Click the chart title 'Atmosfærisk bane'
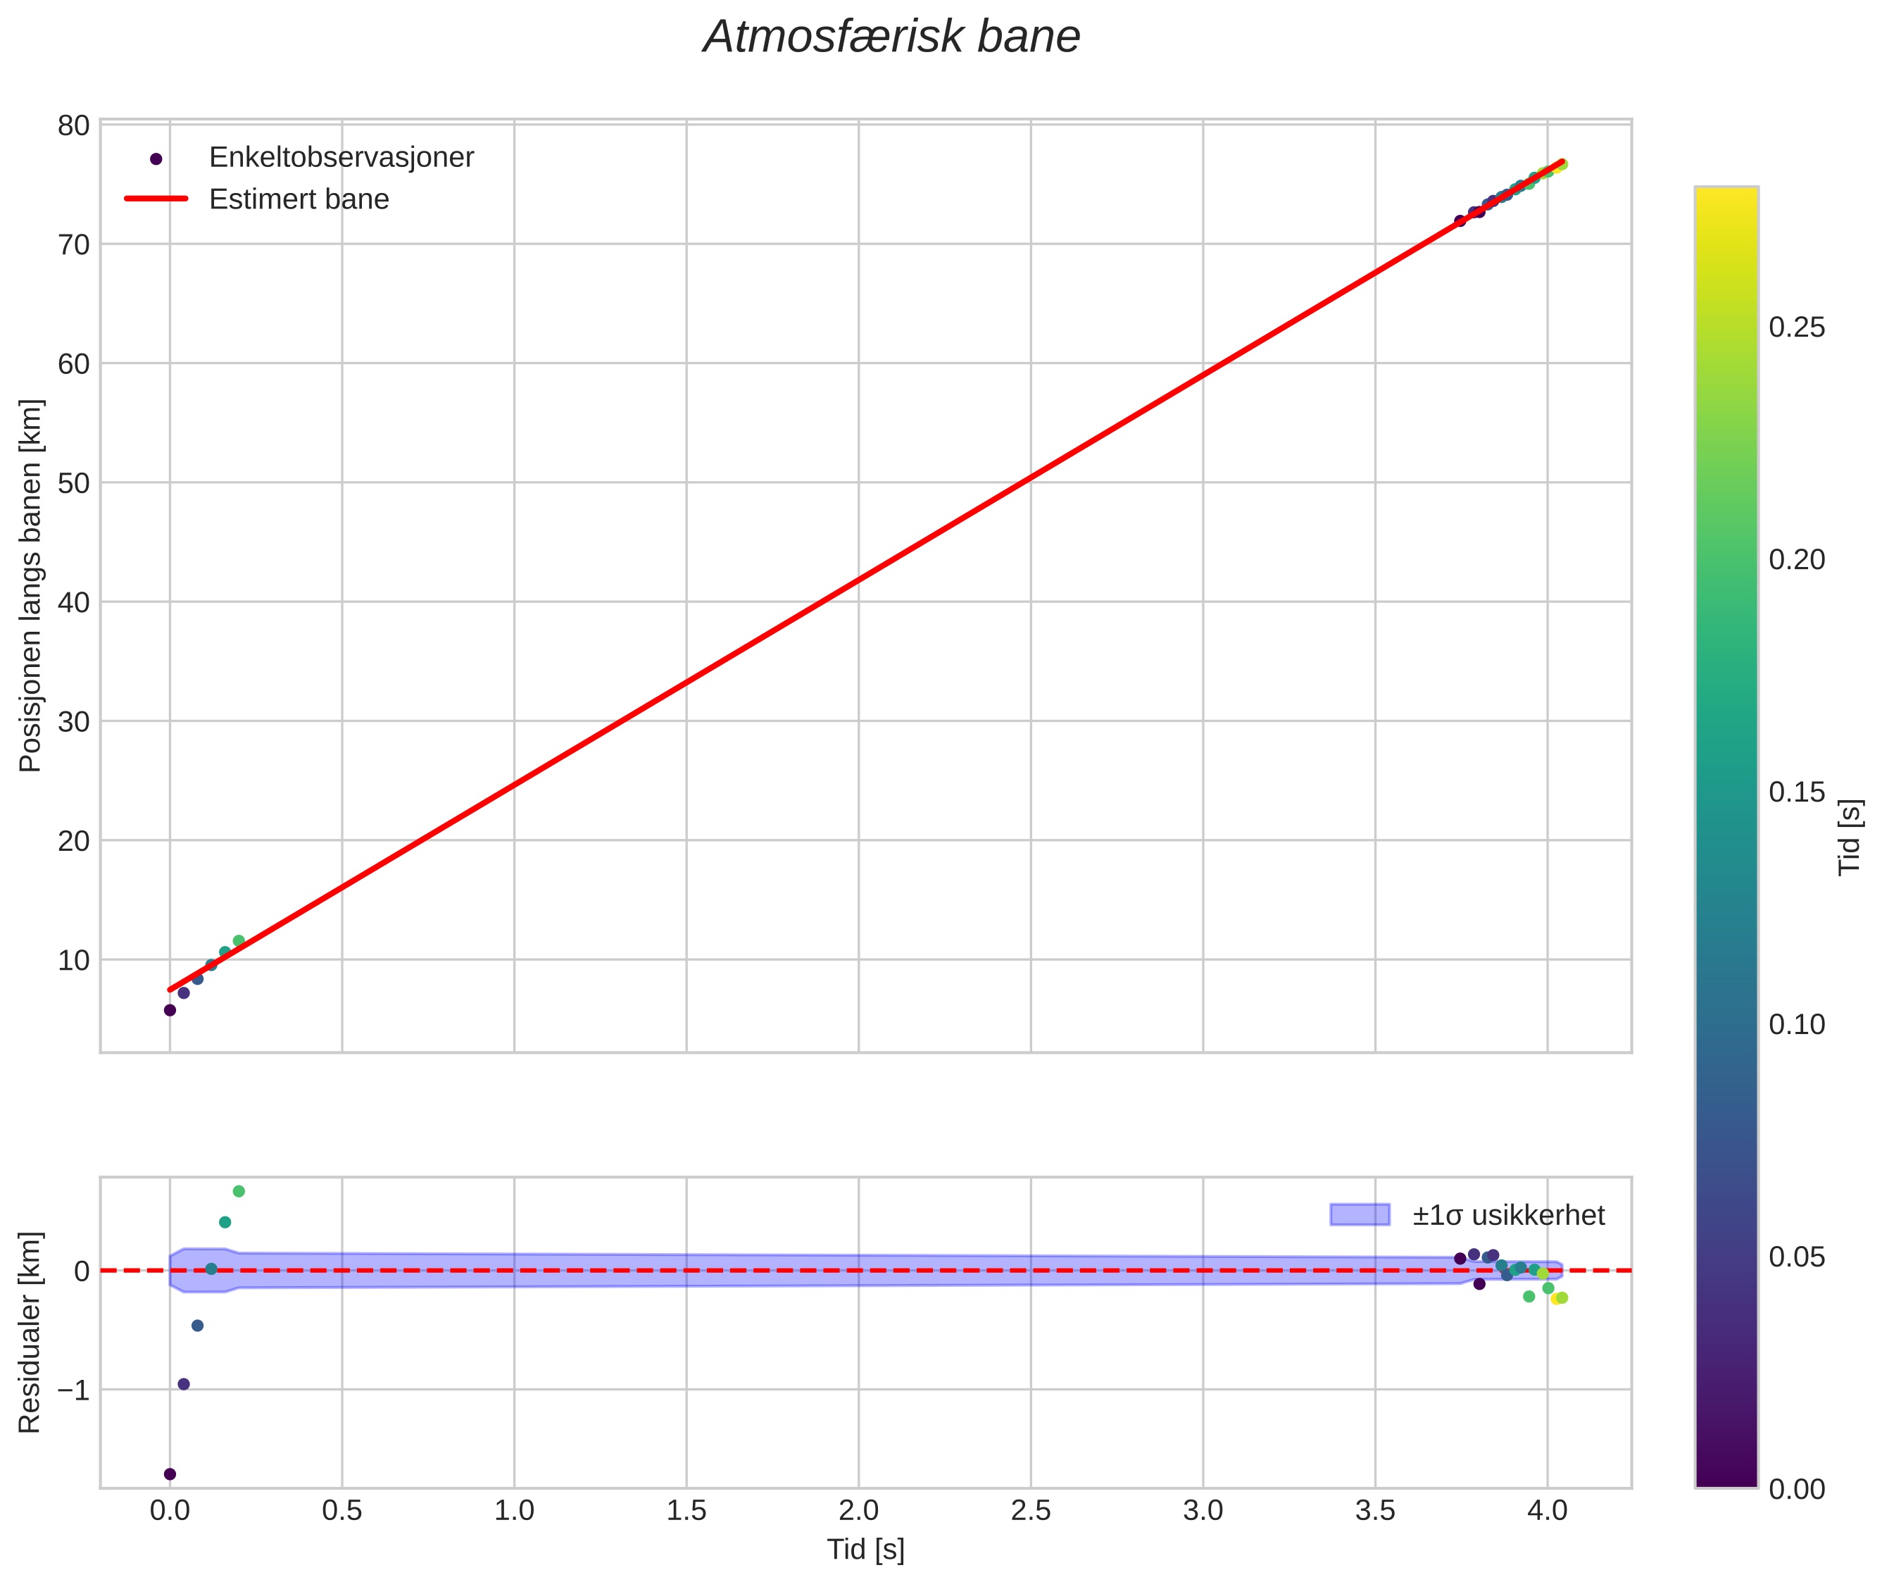point(891,37)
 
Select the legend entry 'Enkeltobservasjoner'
point(341,158)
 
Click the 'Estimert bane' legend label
point(299,199)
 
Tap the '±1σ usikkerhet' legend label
point(1508,1215)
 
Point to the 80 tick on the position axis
point(73,125)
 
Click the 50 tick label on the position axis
point(73,483)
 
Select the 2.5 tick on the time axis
point(1030,1511)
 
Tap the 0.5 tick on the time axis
point(341,1511)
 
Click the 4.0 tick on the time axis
point(1547,1511)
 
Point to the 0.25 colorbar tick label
point(1796,328)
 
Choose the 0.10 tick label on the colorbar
point(1796,1025)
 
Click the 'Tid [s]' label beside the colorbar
point(1850,837)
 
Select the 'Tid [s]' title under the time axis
point(865,1550)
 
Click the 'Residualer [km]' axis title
point(30,1333)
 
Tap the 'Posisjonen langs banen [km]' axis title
point(30,585)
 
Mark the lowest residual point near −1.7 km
point(170,1474)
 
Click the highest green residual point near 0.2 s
point(239,1191)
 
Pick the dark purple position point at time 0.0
point(170,1010)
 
